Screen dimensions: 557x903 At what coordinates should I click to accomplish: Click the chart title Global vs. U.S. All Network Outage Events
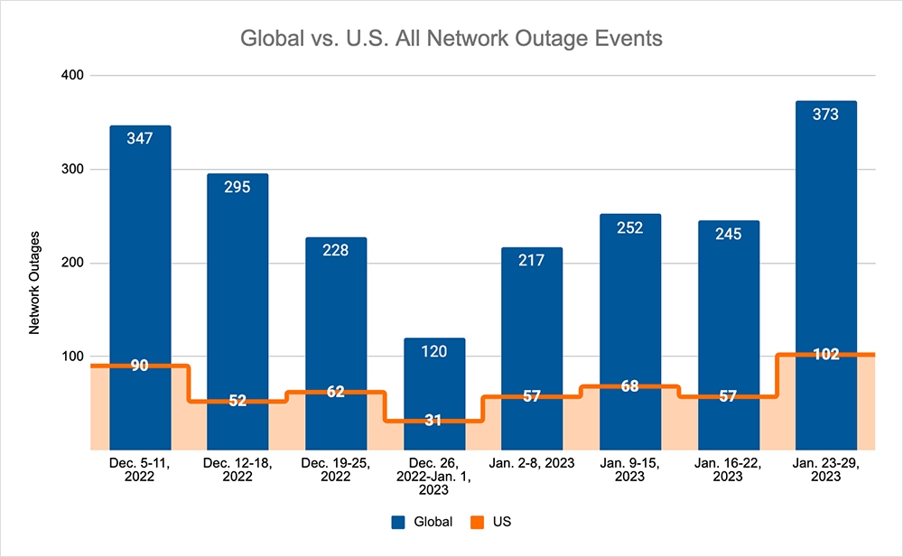(451, 40)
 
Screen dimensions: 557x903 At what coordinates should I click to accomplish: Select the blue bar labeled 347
(140, 244)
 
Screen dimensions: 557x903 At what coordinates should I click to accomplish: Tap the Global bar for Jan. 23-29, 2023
(825, 226)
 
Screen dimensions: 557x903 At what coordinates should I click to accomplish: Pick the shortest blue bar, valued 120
(434, 379)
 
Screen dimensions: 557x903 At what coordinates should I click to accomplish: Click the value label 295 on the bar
(237, 186)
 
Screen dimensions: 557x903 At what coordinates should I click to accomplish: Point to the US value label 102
(825, 354)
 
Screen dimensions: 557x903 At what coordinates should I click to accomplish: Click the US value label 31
(434, 421)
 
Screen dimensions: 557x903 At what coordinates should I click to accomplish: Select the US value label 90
(140, 366)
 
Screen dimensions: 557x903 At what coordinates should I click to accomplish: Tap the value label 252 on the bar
(629, 227)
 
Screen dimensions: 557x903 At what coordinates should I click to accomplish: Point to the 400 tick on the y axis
(72, 76)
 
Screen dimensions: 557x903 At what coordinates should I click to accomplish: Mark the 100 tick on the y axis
(72, 357)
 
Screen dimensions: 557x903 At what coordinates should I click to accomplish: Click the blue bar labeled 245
(728, 307)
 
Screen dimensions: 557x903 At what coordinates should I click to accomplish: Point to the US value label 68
(629, 386)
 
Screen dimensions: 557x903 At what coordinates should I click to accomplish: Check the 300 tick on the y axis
(72, 170)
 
